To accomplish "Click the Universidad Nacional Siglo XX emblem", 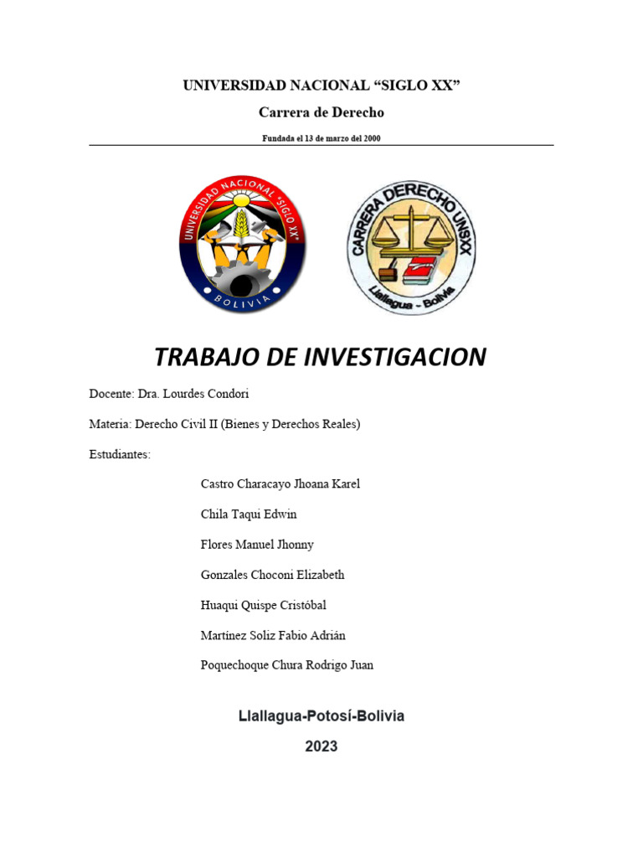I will point(242,245).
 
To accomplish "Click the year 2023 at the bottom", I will point(321,746).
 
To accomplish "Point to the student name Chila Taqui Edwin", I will point(249,514).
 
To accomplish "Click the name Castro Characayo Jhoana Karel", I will point(280,484).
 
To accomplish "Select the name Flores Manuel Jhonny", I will point(257,545).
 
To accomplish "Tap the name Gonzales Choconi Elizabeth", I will point(272,575).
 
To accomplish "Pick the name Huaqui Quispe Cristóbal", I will point(264,605).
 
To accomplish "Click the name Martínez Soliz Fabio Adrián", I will point(273,635).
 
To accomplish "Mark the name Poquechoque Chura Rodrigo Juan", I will point(287,665).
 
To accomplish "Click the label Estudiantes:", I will point(120,454).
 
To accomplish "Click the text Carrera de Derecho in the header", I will point(321,112).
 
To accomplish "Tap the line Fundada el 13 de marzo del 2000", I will point(321,138).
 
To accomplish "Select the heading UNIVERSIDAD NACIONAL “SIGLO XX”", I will point(321,85).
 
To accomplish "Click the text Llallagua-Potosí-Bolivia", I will point(321,716).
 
